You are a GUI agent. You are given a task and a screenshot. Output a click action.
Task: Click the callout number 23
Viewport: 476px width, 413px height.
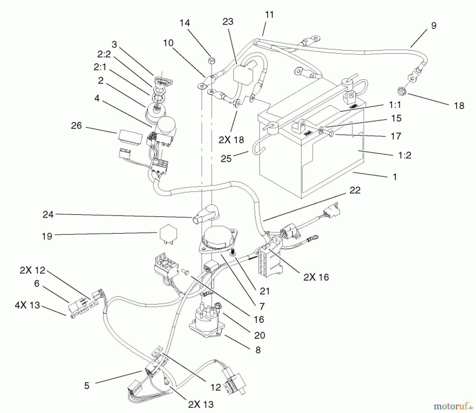(228, 21)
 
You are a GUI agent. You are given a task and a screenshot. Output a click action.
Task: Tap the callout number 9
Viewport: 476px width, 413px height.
(434, 26)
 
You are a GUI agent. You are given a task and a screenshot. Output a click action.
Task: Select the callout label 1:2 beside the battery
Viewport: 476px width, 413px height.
(405, 155)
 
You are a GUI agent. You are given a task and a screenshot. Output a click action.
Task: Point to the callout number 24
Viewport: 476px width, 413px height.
(48, 214)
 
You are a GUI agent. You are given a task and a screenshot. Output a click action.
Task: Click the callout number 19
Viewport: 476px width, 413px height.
(47, 236)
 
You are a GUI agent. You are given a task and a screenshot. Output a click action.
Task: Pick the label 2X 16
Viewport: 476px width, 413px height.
(316, 277)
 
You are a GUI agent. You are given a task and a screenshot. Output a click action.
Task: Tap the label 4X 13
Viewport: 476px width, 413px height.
(27, 305)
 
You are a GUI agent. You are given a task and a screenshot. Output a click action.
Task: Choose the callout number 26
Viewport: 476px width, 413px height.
(76, 126)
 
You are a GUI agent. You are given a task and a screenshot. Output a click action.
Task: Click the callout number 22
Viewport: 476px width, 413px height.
(355, 190)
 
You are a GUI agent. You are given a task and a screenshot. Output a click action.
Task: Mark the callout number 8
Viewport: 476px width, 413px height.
(258, 350)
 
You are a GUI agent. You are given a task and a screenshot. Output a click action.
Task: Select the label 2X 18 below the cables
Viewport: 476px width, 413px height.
(231, 140)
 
